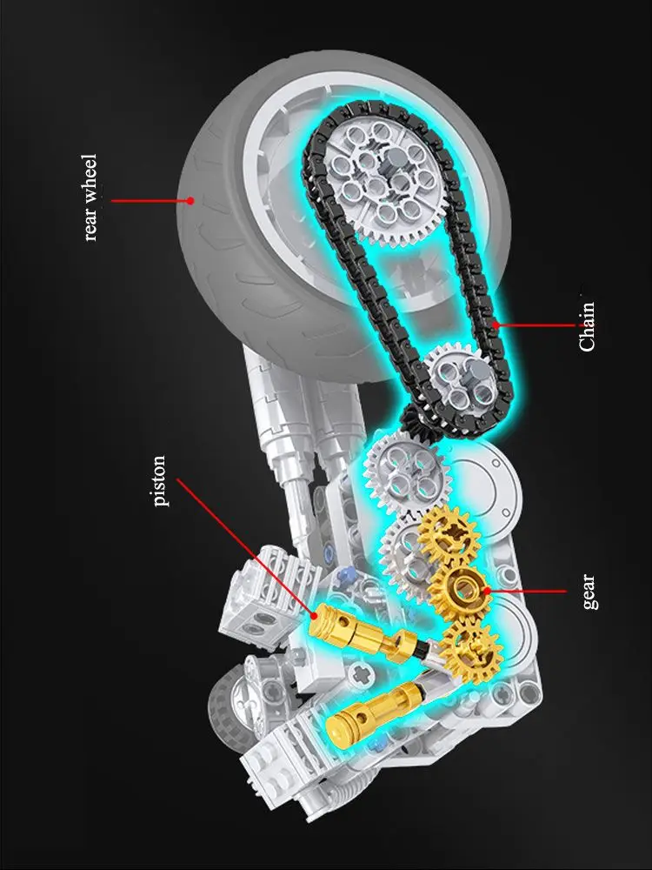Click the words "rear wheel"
tap(91, 198)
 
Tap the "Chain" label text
tap(588, 325)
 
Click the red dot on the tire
tap(190, 200)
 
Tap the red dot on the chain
tap(496, 325)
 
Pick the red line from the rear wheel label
tap(148, 200)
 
